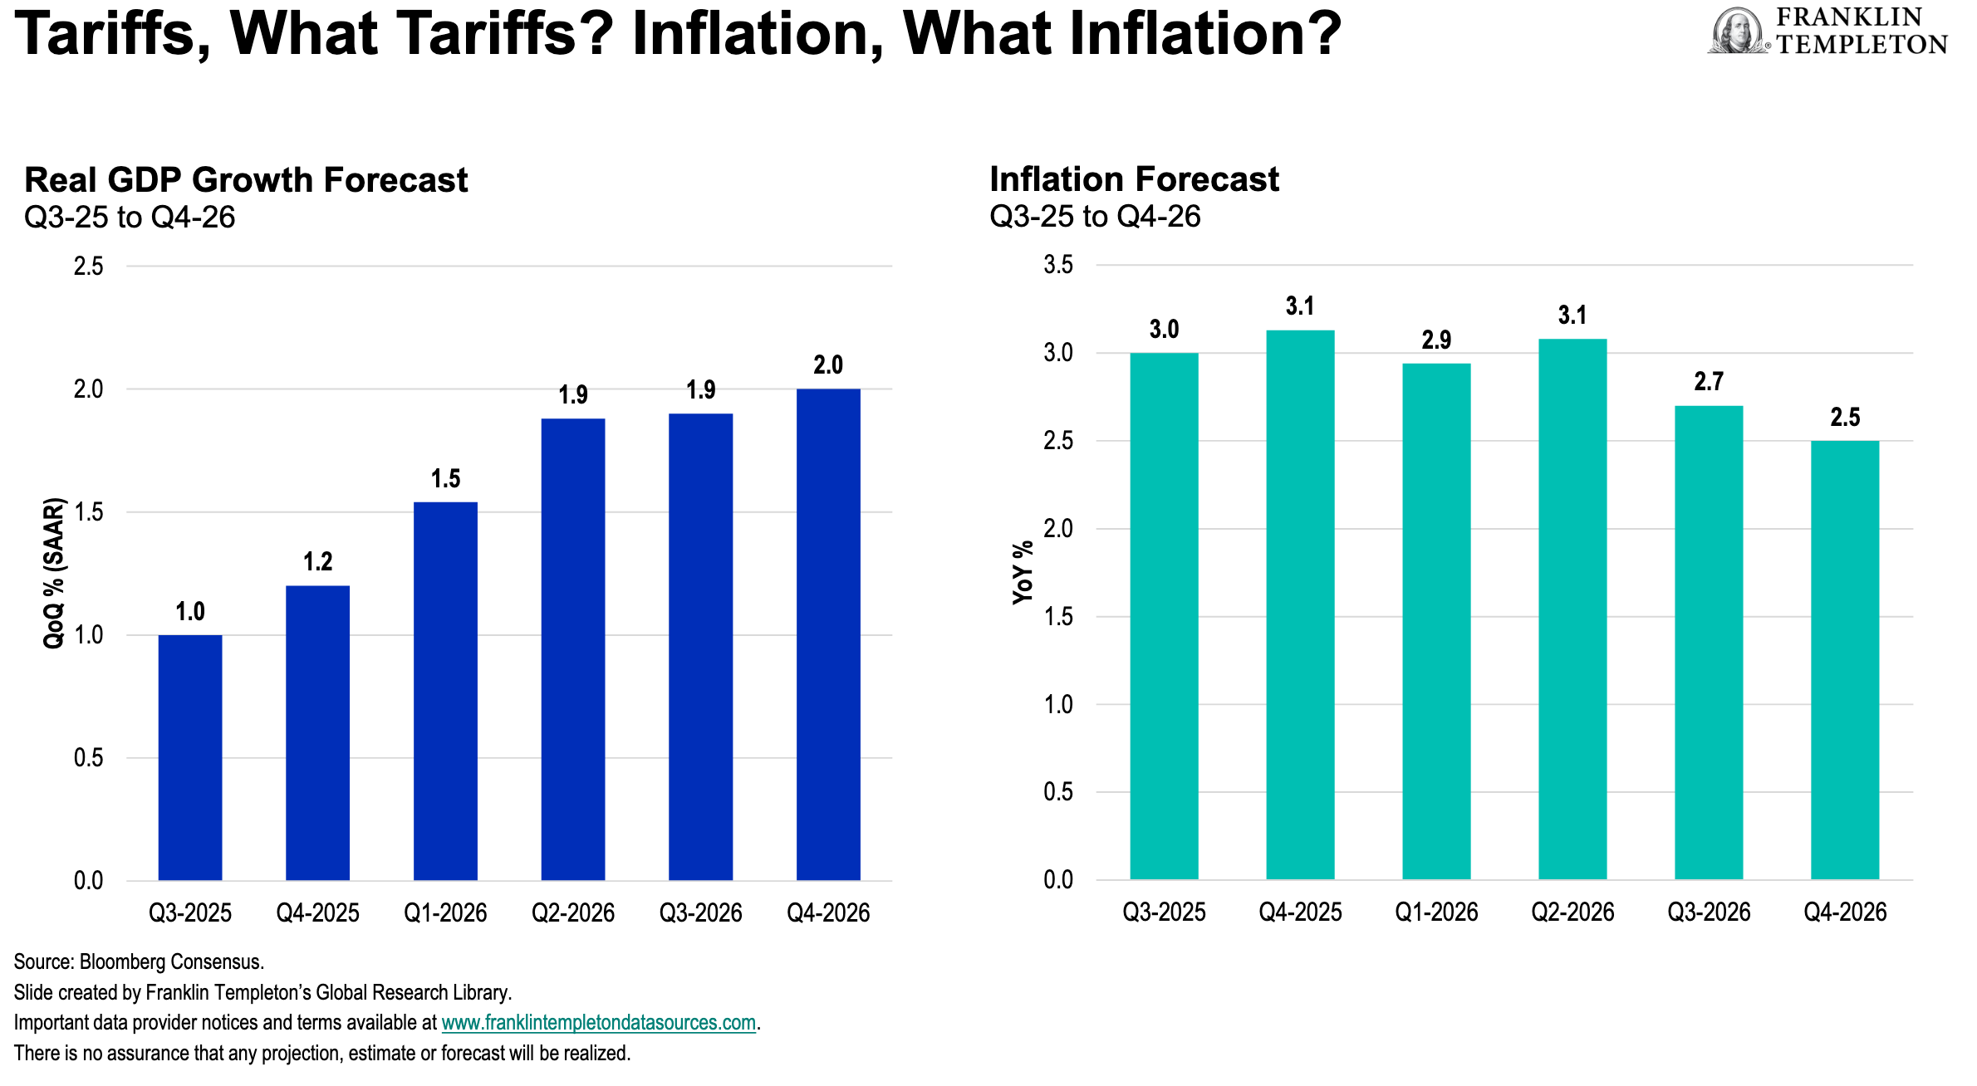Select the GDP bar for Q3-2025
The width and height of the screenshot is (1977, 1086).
[190, 757]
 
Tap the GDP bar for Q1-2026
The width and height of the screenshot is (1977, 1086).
[445, 691]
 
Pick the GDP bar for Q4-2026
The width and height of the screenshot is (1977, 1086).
[828, 634]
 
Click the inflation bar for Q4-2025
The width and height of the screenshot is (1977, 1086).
[1300, 604]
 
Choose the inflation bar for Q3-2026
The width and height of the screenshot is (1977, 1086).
[1709, 642]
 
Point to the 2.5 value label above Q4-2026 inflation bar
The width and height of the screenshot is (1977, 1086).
[1845, 417]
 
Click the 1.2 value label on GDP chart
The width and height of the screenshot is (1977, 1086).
[317, 562]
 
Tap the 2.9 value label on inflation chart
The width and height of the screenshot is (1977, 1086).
[1436, 340]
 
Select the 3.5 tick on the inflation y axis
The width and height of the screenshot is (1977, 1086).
[1058, 265]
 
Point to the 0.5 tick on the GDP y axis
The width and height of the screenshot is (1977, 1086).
[89, 757]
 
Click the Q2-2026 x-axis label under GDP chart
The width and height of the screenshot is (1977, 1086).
[573, 912]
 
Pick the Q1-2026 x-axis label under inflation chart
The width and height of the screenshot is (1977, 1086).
[1436, 912]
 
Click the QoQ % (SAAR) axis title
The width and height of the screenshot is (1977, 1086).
[54, 573]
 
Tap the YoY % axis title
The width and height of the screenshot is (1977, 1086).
[1023, 573]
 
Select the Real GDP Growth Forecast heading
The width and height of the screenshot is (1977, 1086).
[246, 180]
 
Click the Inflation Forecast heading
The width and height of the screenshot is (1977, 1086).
[1134, 179]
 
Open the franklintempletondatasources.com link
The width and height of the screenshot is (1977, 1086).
[598, 1022]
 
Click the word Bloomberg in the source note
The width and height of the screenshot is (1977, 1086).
[122, 961]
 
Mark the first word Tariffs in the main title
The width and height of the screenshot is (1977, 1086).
[112, 35]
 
